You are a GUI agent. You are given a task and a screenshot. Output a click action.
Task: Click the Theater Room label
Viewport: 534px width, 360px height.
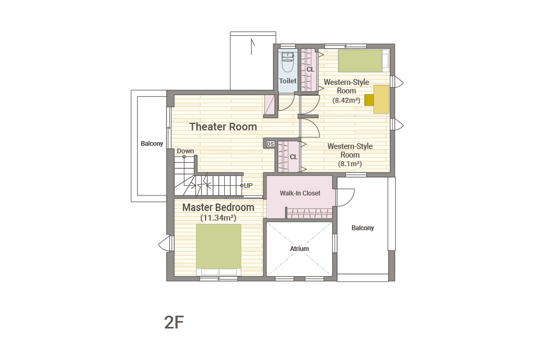[223, 127]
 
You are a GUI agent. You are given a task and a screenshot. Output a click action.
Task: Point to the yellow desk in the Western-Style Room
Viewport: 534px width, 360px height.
[381, 99]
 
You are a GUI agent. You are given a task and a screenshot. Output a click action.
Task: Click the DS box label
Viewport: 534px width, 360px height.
[270, 144]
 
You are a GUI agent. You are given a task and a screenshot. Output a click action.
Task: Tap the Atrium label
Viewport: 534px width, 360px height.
[300, 248]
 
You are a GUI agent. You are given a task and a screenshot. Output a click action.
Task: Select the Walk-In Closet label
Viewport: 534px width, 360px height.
[300, 193]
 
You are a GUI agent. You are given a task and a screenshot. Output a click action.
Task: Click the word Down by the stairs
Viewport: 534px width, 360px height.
[185, 151]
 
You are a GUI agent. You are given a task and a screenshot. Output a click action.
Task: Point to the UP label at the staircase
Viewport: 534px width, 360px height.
[248, 186]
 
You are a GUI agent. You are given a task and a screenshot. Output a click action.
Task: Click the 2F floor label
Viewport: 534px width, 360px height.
[174, 322]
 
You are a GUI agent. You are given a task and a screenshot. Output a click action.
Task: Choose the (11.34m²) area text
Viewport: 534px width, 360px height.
[218, 217]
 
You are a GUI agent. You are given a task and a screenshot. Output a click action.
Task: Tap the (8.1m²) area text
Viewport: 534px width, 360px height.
[350, 164]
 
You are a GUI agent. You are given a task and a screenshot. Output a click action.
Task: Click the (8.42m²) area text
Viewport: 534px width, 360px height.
[347, 100]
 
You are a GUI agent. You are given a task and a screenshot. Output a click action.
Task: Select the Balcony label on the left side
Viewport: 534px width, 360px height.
[152, 144]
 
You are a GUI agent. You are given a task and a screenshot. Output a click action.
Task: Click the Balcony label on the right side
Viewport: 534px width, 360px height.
[363, 228]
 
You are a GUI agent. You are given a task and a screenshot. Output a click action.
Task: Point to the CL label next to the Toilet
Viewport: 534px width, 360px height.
[310, 69]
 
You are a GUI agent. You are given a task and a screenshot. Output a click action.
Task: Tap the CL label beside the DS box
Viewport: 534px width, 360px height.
[294, 157]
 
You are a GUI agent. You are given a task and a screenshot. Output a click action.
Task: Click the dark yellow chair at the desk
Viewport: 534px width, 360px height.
[369, 100]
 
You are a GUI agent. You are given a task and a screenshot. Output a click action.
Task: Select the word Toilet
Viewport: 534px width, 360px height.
[288, 81]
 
